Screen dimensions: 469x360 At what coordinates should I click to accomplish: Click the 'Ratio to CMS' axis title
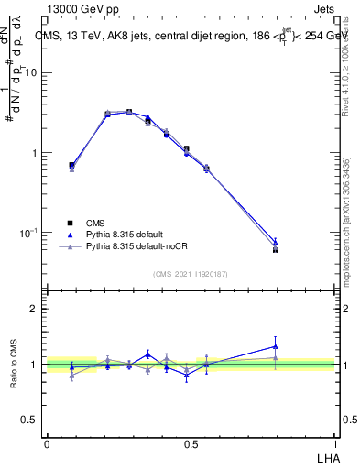(14, 365)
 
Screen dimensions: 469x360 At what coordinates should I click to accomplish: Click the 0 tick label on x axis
(46, 442)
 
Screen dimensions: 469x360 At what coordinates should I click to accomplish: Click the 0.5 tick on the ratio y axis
(30, 420)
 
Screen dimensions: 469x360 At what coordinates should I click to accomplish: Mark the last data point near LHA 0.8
(276, 248)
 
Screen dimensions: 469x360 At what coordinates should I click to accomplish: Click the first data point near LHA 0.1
(71, 165)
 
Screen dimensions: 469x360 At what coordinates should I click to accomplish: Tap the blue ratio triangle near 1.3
(276, 346)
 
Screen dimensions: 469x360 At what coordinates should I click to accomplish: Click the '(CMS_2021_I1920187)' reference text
(191, 274)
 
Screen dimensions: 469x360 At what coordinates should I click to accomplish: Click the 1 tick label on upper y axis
(35, 153)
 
